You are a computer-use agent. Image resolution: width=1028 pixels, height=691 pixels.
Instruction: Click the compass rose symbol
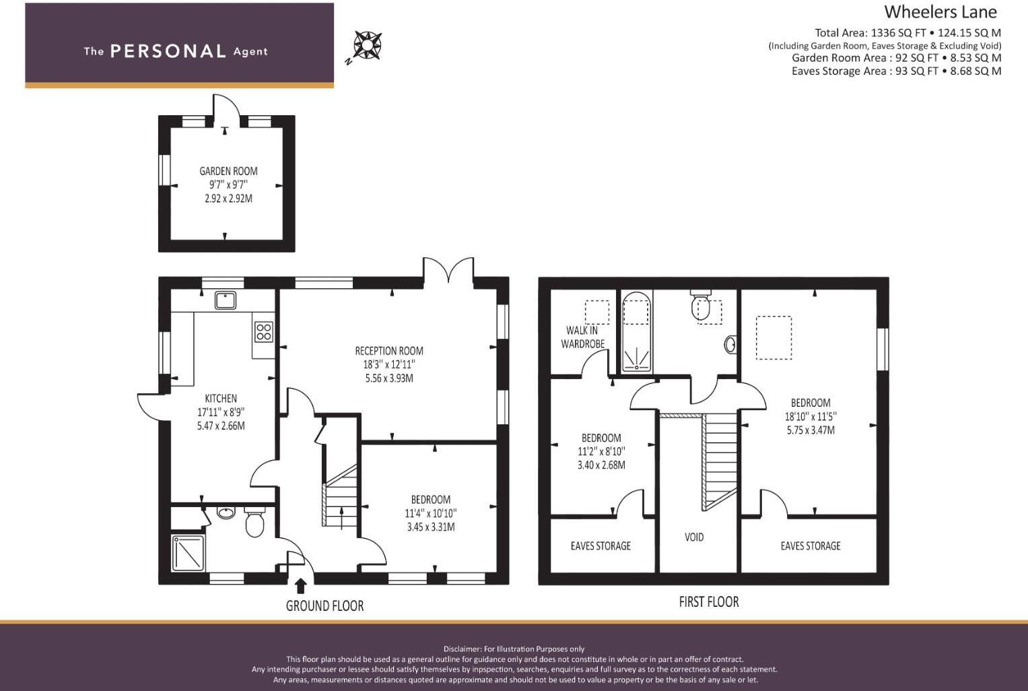pos(368,45)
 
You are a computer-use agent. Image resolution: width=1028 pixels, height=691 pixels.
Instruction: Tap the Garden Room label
pos(228,171)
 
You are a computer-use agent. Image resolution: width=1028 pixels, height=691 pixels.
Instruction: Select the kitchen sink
pos(226,300)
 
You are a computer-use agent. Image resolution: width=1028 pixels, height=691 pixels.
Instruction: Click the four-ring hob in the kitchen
pos(263,331)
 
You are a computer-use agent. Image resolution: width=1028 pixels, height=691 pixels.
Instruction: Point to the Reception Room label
pos(389,352)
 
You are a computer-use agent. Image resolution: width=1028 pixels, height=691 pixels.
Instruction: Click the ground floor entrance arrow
pos(301,587)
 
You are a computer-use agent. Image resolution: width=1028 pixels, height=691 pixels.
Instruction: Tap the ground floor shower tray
pos(188,553)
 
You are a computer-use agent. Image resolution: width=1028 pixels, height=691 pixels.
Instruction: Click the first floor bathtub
pos(636,331)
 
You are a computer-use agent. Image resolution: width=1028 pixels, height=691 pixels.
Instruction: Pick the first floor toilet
pos(700,304)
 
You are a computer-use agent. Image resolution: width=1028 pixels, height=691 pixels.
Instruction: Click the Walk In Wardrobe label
pos(582,337)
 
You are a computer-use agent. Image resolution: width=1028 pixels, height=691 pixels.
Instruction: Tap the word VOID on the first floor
pos(694,537)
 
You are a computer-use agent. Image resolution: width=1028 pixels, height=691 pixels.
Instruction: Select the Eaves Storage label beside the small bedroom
pos(601,546)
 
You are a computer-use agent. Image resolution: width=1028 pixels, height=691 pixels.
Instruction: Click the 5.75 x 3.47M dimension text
pos(811,430)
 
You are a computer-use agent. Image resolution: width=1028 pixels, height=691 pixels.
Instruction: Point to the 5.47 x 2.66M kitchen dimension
pos(221,426)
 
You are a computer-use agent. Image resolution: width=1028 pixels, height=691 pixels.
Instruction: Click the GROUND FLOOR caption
pos(325,606)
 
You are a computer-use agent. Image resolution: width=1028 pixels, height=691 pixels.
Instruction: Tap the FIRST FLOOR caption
pos(709,602)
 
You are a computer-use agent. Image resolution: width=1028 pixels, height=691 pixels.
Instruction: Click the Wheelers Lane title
pos(940,12)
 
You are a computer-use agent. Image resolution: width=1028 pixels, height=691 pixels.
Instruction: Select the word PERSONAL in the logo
pos(168,51)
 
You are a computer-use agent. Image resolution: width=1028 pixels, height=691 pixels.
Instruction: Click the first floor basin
pos(730,344)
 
